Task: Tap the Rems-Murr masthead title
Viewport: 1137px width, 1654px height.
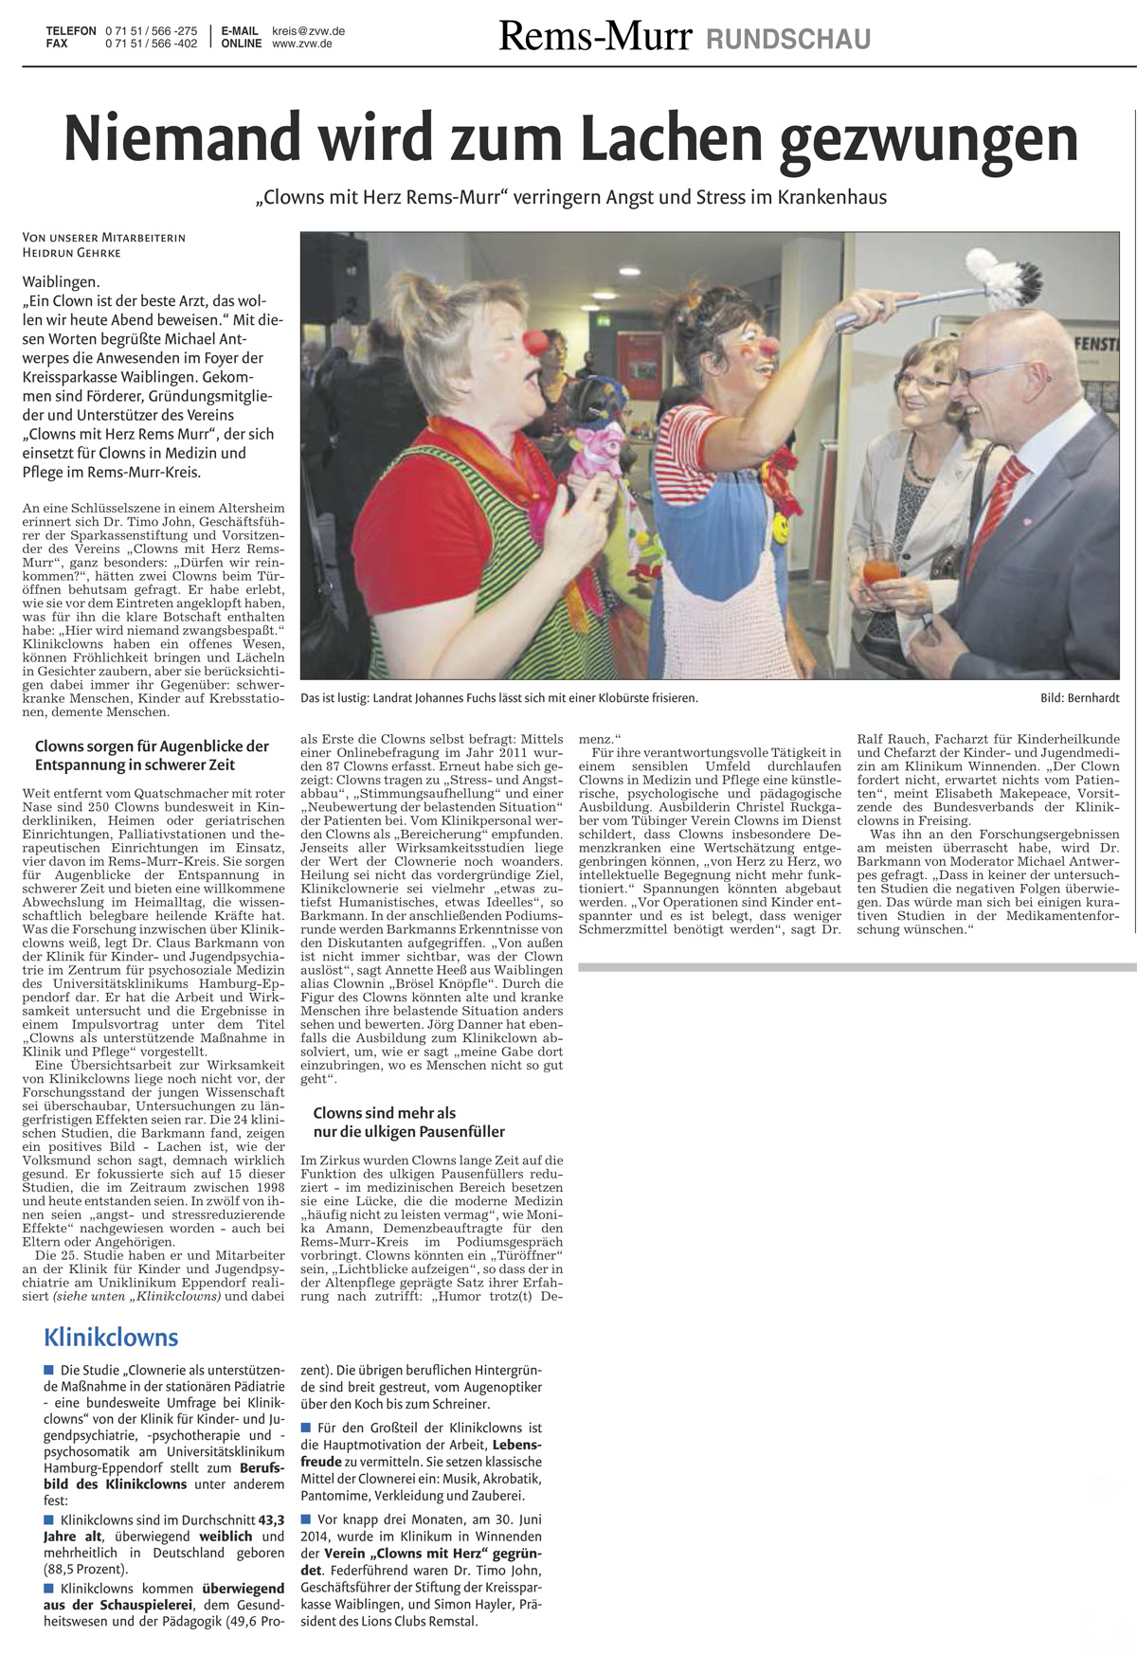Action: pyautogui.click(x=595, y=36)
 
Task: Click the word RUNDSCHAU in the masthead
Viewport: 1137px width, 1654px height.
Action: pyautogui.click(x=788, y=39)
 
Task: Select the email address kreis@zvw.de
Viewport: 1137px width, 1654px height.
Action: pyautogui.click(x=308, y=31)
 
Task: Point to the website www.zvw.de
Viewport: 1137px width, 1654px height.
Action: pyautogui.click(x=301, y=44)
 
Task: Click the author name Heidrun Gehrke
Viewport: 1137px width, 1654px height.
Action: pyautogui.click(x=72, y=253)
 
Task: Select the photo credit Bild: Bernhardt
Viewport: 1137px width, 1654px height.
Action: pyautogui.click(x=1079, y=698)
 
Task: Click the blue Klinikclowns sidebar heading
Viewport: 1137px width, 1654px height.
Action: pyautogui.click(x=111, y=1338)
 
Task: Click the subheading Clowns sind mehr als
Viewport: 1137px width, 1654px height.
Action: pyautogui.click(x=384, y=1113)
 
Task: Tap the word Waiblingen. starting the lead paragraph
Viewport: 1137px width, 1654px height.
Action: pyautogui.click(x=61, y=281)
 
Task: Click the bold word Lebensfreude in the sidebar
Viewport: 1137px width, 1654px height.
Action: pyautogui.click(x=516, y=1445)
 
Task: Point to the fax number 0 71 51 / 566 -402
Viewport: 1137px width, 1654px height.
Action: pyautogui.click(x=151, y=44)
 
